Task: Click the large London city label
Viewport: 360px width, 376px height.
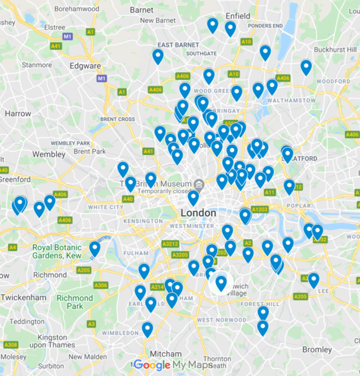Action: pos(198,213)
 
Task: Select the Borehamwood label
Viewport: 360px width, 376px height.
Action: pos(76,9)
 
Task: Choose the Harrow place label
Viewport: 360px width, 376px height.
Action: pos(17,114)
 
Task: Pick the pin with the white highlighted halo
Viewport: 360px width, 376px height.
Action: pos(221,283)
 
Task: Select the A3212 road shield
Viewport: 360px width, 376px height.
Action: pos(170,244)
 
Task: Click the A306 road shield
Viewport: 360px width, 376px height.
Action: pos(100,285)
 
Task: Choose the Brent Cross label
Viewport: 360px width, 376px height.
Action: pos(117,119)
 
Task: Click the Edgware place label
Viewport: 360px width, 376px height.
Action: pos(85,66)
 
